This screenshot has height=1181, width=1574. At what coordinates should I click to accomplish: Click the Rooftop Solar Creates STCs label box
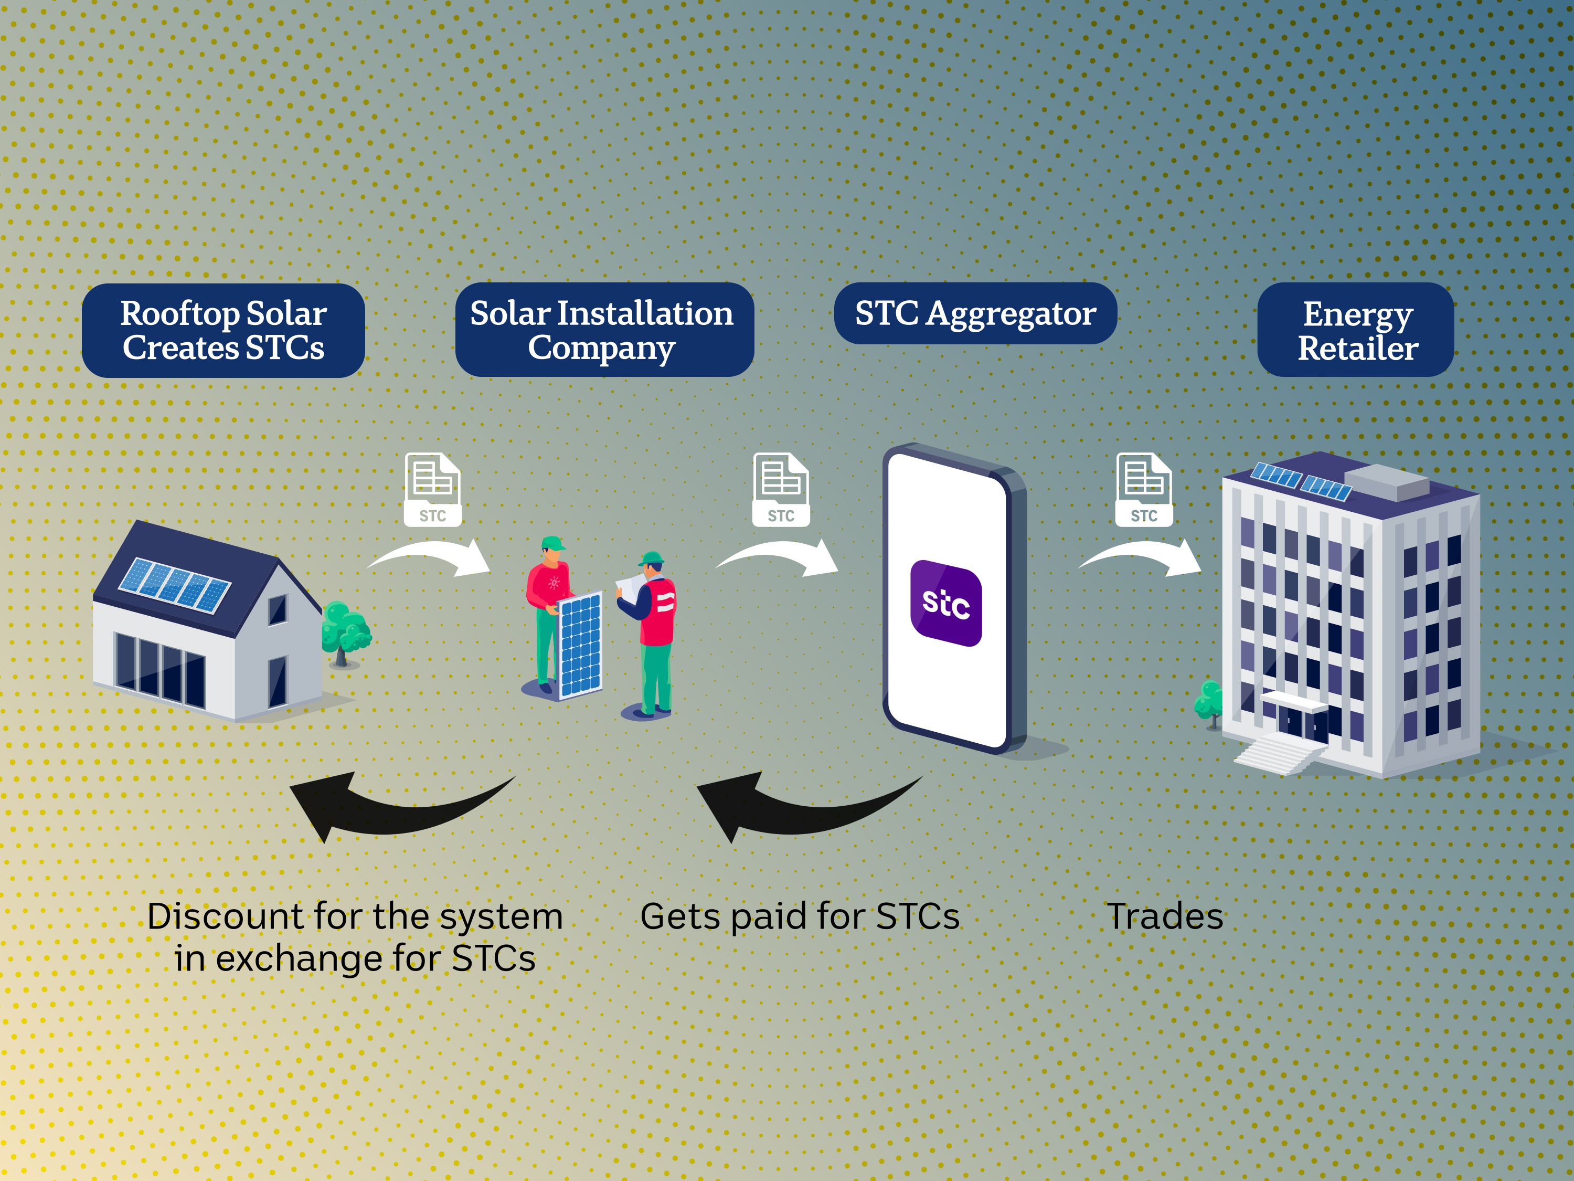[223, 330]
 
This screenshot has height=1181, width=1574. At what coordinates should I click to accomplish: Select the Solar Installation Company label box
[604, 330]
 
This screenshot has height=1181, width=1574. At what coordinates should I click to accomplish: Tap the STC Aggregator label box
[975, 313]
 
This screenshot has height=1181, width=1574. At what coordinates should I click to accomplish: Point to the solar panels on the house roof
[174, 585]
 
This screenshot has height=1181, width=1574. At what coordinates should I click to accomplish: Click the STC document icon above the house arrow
[433, 490]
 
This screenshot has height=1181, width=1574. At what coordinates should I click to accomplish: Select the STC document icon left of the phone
[781, 490]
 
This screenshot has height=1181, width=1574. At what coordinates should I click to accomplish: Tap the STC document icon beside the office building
[1143, 490]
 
